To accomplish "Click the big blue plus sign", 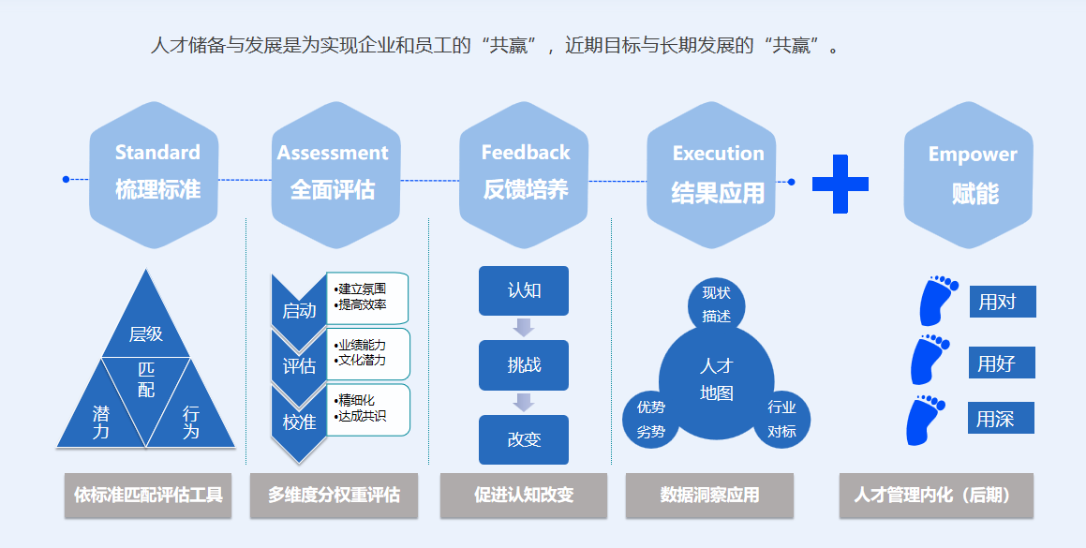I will [840, 182].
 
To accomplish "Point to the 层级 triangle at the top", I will [145, 323].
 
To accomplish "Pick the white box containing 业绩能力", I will [368, 353].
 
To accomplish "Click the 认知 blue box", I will [524, 290].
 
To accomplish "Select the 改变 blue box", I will [524, 439].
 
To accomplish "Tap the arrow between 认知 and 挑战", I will [524, 327].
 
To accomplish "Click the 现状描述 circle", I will [717, 304].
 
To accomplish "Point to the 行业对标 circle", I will [781, 419].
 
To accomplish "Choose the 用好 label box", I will [1002, 363].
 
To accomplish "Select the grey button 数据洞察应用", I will [709, 495].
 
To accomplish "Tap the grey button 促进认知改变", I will [523, 495].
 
